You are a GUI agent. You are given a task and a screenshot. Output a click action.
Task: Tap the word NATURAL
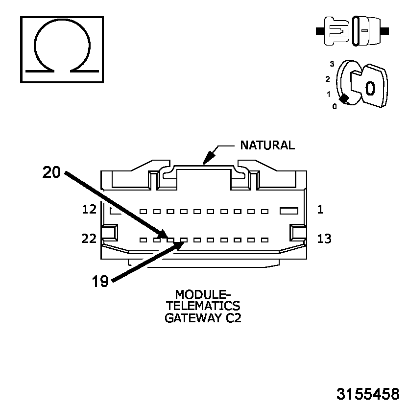[x=267, y=145]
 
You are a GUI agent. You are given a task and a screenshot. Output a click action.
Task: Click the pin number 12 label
[x=89, y=210]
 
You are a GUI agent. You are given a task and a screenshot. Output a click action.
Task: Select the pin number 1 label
[x=320, y=210]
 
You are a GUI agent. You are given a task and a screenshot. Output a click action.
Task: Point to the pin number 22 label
[x=89, y=239]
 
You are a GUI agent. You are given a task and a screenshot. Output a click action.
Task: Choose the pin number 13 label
[x=324, y=239]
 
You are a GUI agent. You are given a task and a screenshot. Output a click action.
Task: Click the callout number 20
[x=51, y=172]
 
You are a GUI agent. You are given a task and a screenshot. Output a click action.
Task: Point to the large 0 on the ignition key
[x=370, y=88]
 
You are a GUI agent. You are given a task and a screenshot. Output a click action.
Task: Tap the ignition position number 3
[x=332, y=64]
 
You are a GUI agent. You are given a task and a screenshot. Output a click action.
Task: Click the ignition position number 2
[x=328, y=79]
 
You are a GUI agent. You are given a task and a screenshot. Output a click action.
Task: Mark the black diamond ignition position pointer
[x=345, y=98]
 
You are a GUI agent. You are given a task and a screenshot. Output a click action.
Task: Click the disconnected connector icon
[x=353, y=30]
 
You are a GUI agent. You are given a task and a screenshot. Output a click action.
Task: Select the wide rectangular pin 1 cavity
[x=288, y=211]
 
